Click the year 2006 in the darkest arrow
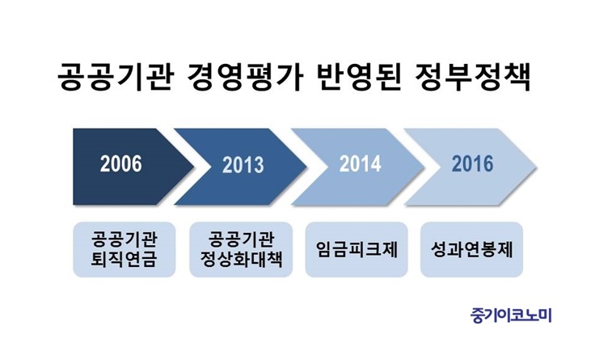(x=121, y=164)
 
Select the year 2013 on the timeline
(x=243, y=165)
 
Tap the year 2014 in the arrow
(x=360, y=164)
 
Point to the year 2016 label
(x=473, y=164)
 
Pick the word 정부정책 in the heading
(x=473, y=78)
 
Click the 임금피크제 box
(x=357, y=249)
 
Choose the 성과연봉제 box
(x=471, y=249)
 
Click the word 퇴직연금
(x=124, y=260)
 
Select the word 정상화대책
(x=241, y=260)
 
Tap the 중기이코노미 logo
(x=511, y=316)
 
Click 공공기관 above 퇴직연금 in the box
(x=124, y=239)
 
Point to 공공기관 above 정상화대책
(x=241, y=239)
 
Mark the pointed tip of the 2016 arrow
(x=537, y=167)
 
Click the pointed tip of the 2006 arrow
(x=194, y=167)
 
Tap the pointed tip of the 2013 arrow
(x=306, y=167)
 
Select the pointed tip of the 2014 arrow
(x=424, y=167)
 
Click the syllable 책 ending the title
(x=517, y=78)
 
